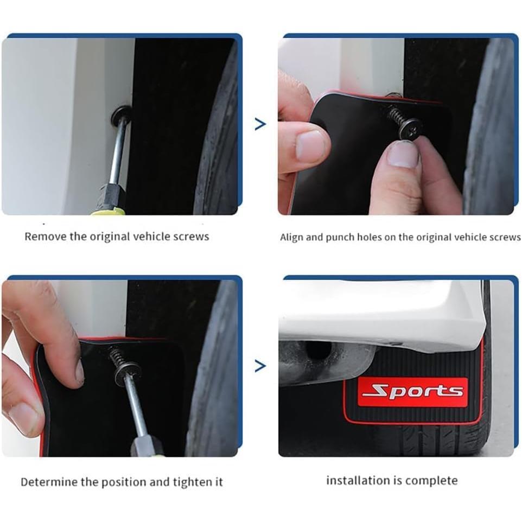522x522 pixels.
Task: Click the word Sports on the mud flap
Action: (413, 391)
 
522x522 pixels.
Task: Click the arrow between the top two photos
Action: (260, 124)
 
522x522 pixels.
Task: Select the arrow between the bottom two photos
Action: (260, 366)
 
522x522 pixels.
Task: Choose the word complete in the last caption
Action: (431, 480)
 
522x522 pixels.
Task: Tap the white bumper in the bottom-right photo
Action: (380, 315)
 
